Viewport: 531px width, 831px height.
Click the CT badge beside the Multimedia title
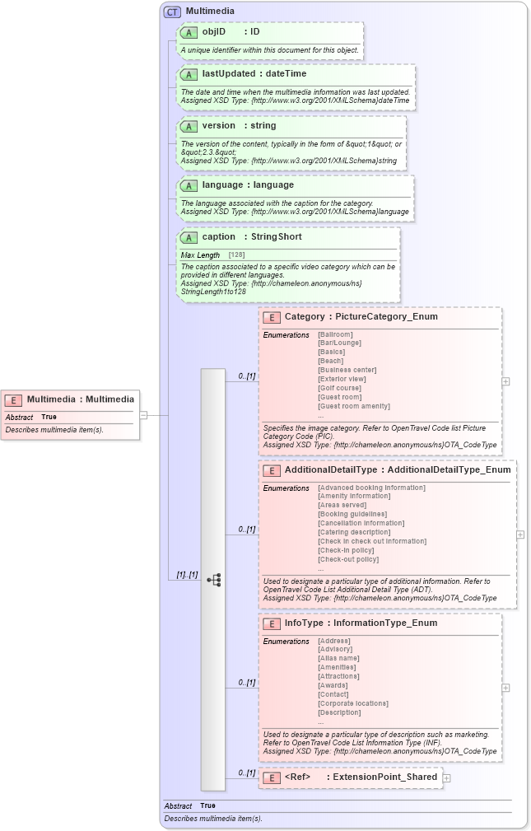click(x=172, y=12)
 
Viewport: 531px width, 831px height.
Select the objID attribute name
click(x=214, y=31)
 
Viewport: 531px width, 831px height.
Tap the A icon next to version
click(x=189, y=126)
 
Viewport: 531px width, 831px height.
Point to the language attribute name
click(x=222, y=184)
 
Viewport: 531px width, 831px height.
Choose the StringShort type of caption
click(x=276, y=236)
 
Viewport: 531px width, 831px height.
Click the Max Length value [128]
click(x=236, y=255)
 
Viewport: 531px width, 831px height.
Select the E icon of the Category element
click(x=271, y=317)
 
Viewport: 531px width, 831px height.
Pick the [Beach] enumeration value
click(x=330, y=361)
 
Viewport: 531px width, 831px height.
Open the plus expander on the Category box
click(x=505, y=381)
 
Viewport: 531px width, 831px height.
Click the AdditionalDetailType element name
click(x=331, y=469)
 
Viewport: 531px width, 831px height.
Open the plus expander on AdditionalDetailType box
click(x=520, y=535)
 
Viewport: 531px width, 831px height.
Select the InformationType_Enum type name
click(x=385, y=623)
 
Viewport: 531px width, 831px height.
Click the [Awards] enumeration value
click(x=333, y=685)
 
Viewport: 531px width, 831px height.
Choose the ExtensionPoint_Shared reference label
click(x=384, y=777)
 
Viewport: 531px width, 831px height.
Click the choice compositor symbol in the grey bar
click(x=213, y=580)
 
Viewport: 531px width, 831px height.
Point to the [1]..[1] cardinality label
click(x=187, y=574)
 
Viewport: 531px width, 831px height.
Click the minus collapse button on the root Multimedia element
click(x=143, y=415)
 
